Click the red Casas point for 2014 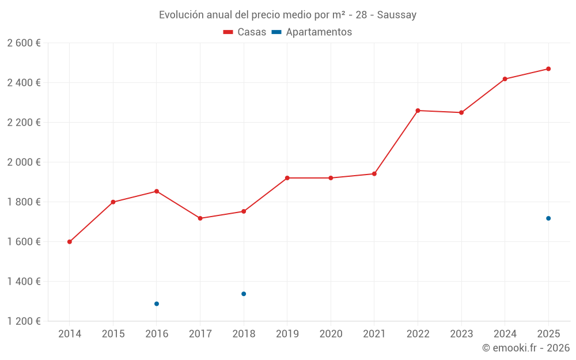pos(70,242)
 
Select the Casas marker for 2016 pos(157,191)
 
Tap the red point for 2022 pos(418,111)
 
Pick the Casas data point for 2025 pos(548,69)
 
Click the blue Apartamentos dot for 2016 pos(157,304)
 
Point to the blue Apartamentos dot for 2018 pos(244,294)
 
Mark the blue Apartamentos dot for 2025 pos(548,218)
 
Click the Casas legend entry pos(245,32)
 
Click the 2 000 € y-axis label pos(24,162)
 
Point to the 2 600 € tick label pos(24,43)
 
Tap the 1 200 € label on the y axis pos(24,321)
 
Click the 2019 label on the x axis pos(287,334)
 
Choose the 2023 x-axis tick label pos(461,334)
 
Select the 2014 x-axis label pos(70,334)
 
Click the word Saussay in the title pos(397,15)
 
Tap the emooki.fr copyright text pos(526,348)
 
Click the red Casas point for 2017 pos(200,218)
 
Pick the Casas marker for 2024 pos(505,79)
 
